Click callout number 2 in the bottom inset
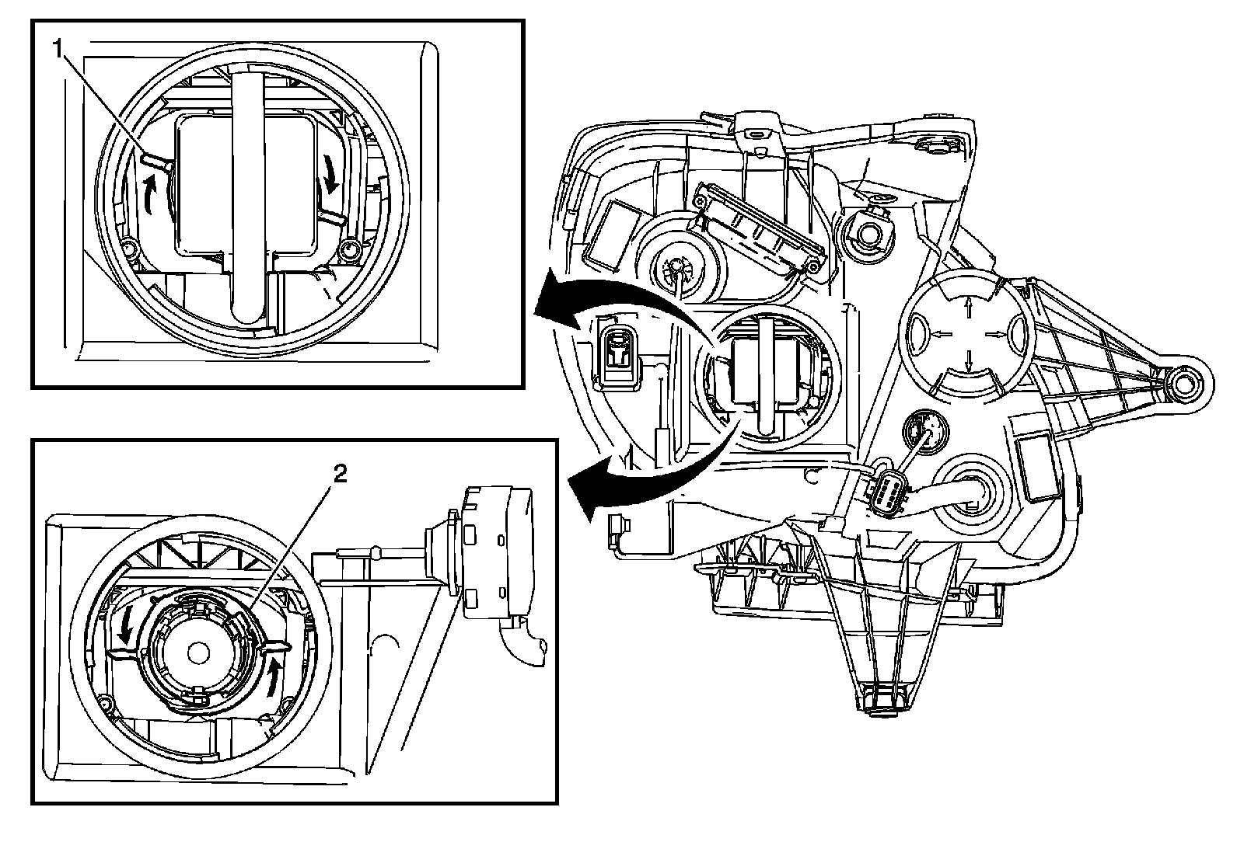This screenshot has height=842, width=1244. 340,475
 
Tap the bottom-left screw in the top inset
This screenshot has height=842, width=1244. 129,249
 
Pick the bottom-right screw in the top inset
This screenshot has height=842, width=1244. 348,249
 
